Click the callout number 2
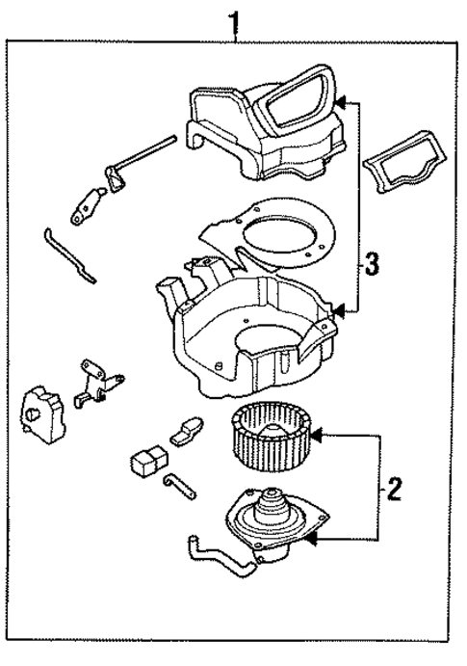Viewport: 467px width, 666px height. coord(393,489)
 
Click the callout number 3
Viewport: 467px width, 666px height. coord(371,264)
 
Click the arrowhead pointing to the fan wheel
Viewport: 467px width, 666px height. coord(317,434)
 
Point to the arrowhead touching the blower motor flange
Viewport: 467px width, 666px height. coord(312,540)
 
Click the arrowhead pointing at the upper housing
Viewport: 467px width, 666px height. coord(342,102)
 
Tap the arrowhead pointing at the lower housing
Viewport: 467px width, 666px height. coord(339,311)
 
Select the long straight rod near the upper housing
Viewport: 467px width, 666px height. coord(143,154)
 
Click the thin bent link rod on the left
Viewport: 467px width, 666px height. coord(70,256)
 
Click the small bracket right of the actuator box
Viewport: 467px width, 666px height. coord(98,384)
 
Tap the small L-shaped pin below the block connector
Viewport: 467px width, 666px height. coord(179,486)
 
